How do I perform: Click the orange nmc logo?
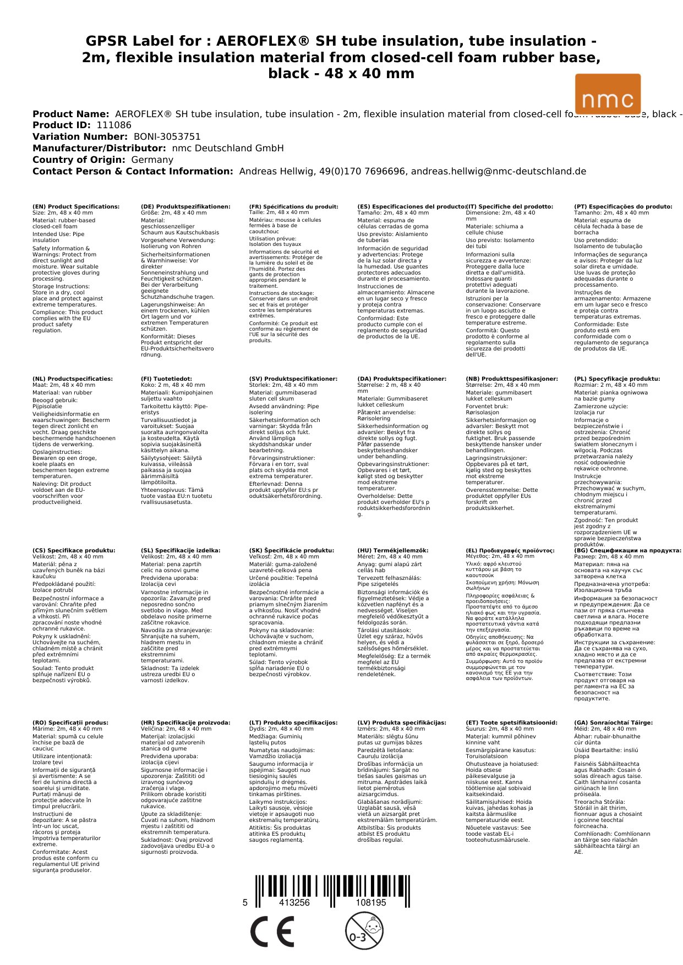coord(608,94)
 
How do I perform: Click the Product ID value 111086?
coord(114,125)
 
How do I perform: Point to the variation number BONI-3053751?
coord(167,137)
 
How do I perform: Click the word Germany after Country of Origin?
coord(152,160)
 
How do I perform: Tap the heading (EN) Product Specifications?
coord(76,207)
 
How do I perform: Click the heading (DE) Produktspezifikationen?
coord(185,207)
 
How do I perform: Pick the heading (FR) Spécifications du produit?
coord(293,207)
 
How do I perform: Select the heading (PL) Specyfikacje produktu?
coord(617,379)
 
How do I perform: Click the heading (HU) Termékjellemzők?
coord(392,551)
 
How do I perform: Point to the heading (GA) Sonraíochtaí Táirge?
coord(613,723)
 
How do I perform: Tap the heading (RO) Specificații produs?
coord(70,723)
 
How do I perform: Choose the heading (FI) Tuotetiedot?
coord(166,379)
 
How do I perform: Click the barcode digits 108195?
coord(371,903)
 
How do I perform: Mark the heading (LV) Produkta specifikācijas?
coord(402,723)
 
